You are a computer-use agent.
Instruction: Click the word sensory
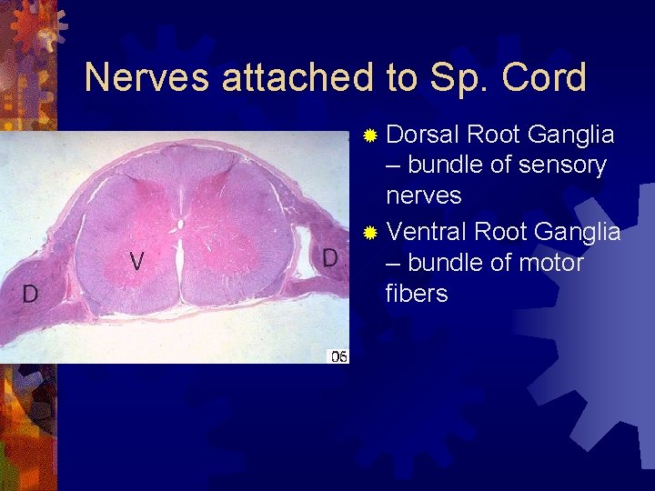[561, 165]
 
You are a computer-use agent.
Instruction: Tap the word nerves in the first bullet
[424, 195]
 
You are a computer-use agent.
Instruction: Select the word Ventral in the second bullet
[427, 232]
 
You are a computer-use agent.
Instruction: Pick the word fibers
[417, 294]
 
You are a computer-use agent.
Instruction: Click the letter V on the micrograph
[136, 262]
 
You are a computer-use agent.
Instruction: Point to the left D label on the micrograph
[30, 294]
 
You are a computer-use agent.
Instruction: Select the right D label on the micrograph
[330, 257]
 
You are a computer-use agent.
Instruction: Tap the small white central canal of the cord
[181, 223]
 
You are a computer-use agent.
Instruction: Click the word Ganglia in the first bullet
[570, 135]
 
